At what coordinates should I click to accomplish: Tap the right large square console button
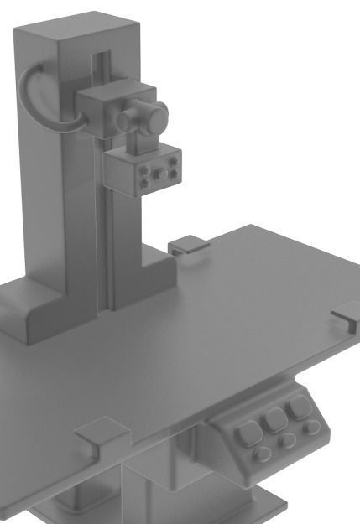tap(297, 410)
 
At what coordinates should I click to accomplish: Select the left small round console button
tap(263, 454)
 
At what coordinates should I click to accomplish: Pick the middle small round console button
tap(287, 440)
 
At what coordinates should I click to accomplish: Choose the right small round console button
tap(310, 427)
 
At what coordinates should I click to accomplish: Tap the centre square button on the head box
tap(159, 172)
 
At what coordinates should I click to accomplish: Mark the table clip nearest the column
tap(188, 246)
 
